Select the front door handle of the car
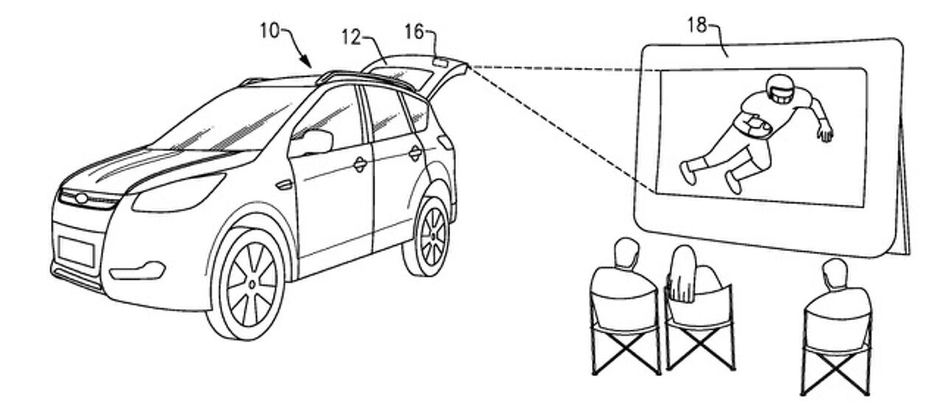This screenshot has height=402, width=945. tap(360, 165)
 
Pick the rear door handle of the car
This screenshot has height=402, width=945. tap(416, 154)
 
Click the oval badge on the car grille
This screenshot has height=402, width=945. tap(77, 198)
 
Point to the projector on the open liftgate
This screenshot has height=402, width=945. tap(441, 63)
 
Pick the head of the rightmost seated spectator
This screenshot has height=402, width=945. tap(834, 272)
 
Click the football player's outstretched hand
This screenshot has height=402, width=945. tap(825, 134)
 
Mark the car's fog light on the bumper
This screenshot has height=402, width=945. tap(143, 270)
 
